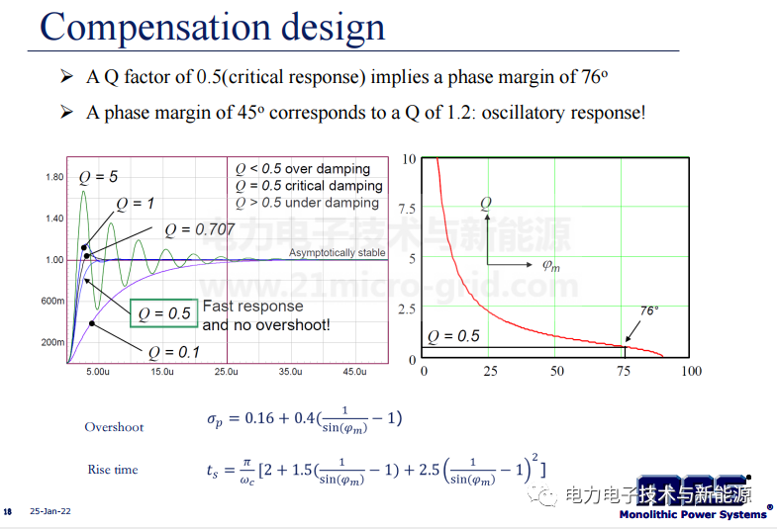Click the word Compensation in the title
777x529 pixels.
coord(155,28)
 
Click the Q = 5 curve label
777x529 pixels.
coord(98,177)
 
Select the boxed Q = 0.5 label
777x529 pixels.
coord(164,313)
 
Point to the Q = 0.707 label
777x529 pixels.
coord(199,229)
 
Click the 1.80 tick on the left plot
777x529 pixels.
coord(54,177)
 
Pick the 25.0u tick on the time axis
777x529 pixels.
coord(226,372)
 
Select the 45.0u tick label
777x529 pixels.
coord(354,372)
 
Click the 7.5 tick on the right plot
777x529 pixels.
coord(407,209)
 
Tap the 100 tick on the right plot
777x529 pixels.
coord(691,371)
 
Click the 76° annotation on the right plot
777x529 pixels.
coord(649,310)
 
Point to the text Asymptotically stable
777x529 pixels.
coord(337,253)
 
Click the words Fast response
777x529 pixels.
coord(252,307)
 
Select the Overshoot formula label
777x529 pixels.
coord(114,427)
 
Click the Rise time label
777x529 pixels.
coord(113,470)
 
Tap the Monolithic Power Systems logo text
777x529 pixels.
coord(693,514)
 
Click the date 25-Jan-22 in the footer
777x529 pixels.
coord(50,511)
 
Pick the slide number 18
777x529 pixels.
coord(8,511)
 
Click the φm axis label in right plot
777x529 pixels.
coord(551,266)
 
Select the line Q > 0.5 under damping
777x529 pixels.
coord(307,203)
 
